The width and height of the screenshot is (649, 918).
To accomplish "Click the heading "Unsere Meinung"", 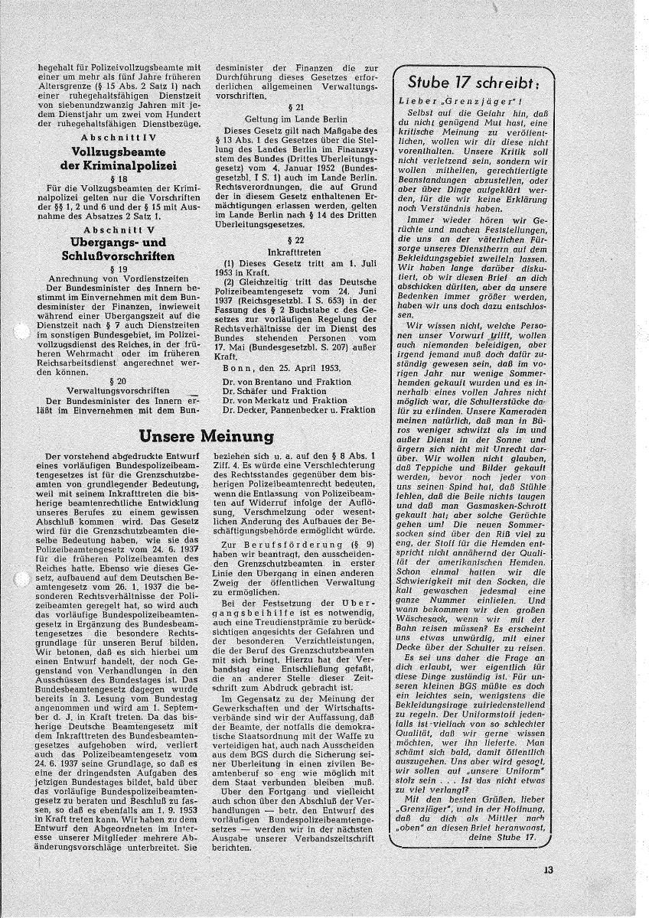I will [207, 436].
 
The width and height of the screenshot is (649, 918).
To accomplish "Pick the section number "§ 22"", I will [295, 250].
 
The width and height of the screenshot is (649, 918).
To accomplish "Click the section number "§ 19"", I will [119, 269].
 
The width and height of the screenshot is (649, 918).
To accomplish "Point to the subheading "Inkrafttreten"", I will [295, 261].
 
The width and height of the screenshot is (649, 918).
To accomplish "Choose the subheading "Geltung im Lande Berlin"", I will [295, 120].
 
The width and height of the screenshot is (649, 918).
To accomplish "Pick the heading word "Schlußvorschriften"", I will [119, 256].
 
